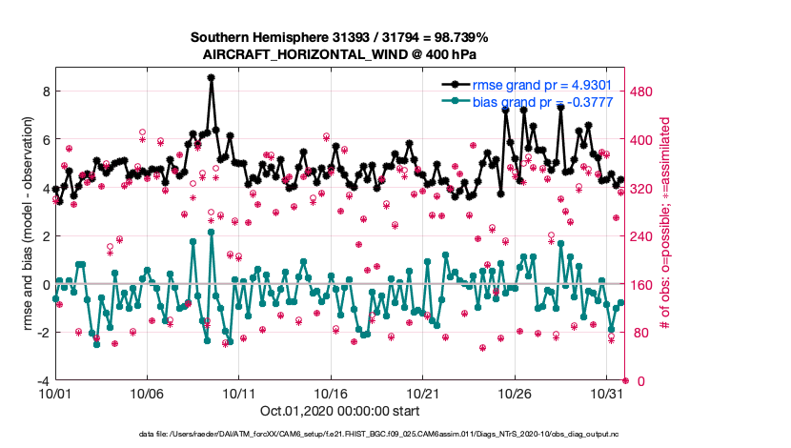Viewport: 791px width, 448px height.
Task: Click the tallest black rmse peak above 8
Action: click(x=211, y=78)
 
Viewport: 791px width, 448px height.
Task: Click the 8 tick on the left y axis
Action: click(x=45, y=91)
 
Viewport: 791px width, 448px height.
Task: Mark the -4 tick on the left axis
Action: click(x=42, y=380)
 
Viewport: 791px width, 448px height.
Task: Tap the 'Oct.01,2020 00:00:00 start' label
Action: click(x=338, y=411)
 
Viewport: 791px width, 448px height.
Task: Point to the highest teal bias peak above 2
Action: click(x=211, y=232)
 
